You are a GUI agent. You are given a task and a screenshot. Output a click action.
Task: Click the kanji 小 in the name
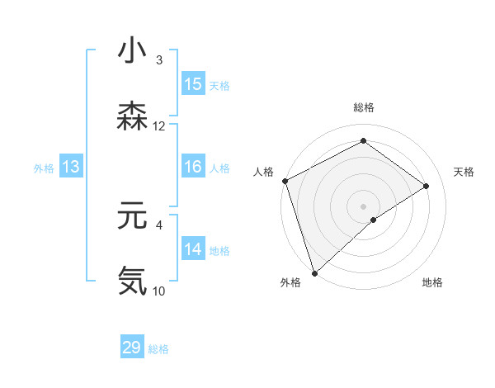132,51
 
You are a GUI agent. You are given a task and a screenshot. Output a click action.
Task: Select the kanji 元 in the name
132,216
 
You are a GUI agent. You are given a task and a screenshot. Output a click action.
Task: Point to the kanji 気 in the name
132,281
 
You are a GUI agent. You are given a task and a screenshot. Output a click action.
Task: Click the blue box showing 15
193,84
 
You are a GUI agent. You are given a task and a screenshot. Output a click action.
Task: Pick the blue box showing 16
193,167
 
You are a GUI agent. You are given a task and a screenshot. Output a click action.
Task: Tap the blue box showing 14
193,249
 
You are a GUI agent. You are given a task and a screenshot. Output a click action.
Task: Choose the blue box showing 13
71,168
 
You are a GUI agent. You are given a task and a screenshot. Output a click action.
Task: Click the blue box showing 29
132,348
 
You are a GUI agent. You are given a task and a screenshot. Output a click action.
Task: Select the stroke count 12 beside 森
159,126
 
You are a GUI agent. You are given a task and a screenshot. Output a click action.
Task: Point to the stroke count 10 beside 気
159,291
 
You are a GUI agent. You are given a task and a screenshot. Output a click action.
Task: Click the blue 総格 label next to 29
159,349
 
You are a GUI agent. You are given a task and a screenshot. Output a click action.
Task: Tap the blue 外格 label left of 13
44,168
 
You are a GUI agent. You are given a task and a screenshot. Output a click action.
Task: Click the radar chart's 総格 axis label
364,107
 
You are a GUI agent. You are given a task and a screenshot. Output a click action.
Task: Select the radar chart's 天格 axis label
464,172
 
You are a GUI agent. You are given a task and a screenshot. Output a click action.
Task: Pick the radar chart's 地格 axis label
432,282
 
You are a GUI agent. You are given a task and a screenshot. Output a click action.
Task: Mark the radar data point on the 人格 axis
285,181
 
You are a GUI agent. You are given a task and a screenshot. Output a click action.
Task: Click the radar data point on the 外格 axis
313,272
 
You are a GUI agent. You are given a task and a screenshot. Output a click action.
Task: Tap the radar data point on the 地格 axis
374,220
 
